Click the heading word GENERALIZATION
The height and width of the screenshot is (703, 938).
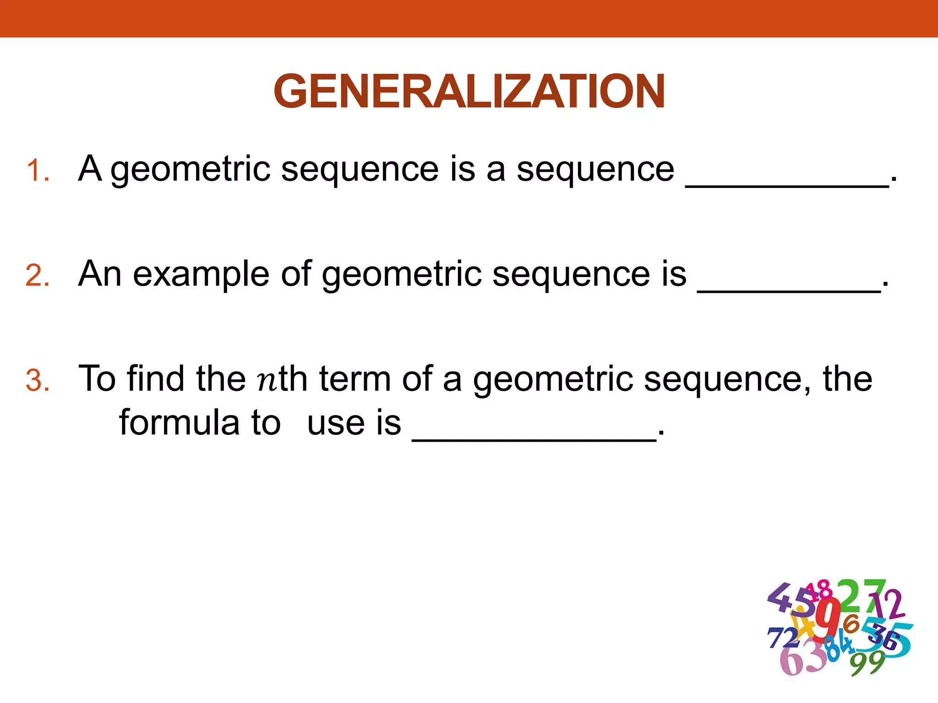click(x=469, y=92)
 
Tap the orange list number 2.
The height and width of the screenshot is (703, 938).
click(x=38, y=276)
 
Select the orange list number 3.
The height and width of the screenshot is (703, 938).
click(x=38, y=381)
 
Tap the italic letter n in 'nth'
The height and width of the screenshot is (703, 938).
click(x=267, y=381)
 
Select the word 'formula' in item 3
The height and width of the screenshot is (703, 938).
click(x=179, y=422)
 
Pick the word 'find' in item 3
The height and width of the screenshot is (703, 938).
click(x=156, y=379)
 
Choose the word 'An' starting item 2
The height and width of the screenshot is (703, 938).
click(x=100, y=274)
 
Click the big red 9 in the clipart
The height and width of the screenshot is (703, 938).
click(x=829, y=618)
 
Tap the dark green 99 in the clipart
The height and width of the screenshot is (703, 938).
click(x=867, y=662)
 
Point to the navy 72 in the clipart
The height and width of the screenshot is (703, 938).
click(x=783, y=638)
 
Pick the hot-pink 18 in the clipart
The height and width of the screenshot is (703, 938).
click(x=819, y=590)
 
